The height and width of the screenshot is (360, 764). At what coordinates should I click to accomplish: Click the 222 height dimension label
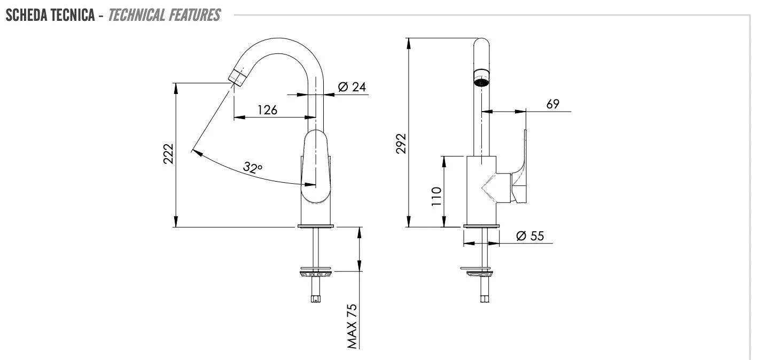tap(168, 154)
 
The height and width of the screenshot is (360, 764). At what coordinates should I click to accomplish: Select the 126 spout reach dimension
tap(267, 110)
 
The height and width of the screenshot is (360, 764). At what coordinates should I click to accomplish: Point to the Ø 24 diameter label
tap(352, 87)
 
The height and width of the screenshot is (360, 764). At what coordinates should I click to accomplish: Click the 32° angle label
tap(252, 168)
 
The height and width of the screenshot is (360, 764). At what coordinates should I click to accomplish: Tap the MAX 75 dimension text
tap(352, 326)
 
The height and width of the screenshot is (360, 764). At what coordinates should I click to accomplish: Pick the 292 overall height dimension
tap(401, 144)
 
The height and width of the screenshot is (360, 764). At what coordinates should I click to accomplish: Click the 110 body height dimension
tap(436, 197)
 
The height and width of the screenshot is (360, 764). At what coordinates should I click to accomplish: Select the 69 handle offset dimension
tap(553, 104)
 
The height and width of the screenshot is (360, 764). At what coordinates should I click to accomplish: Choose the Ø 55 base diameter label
tap(530, 236)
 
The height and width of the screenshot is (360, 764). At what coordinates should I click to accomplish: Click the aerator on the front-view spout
tap(481, 78)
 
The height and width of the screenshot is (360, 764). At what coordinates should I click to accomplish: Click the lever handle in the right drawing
tap(519, 167)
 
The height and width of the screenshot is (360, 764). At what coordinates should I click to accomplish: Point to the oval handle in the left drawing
tap(316, 167)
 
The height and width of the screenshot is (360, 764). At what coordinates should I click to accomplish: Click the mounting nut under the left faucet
tap(316, 273)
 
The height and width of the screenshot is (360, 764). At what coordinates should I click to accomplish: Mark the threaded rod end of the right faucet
tap(485, 299)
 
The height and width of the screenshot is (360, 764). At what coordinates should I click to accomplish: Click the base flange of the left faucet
tap(316, 226)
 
